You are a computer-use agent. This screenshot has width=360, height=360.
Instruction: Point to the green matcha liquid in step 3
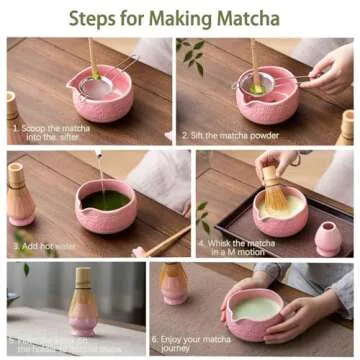104,201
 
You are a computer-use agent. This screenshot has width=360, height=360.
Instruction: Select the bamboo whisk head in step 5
83,284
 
